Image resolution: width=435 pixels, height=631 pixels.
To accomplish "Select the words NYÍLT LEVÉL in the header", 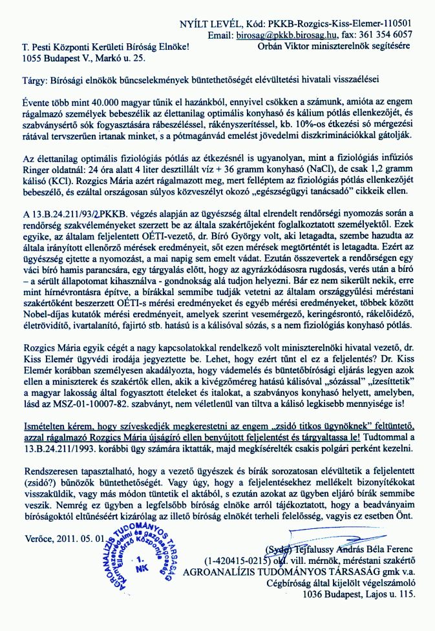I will click(209, 24).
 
